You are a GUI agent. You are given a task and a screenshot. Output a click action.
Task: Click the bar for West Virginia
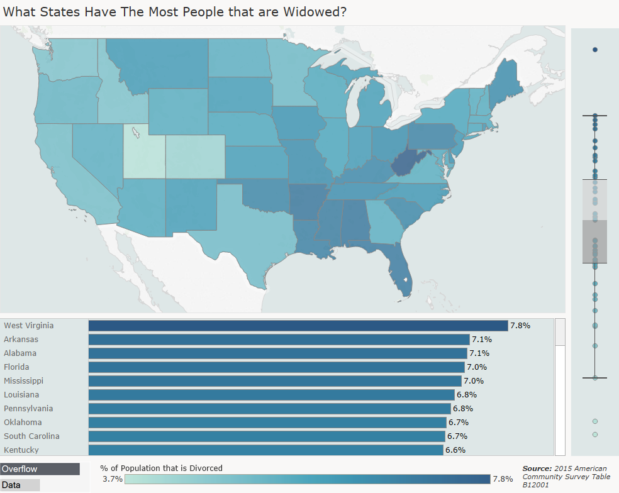(x=298, y=326)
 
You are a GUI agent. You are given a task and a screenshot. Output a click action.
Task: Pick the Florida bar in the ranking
(x=276, y=367)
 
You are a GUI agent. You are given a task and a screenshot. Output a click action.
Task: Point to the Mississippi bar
(x=274, y=381)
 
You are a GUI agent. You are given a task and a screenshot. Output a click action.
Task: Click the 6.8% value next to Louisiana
(x=467, y=395)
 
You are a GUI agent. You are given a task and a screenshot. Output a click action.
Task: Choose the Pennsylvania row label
(x=28, y=409)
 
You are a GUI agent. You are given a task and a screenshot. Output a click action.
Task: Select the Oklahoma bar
(x=267, y=423)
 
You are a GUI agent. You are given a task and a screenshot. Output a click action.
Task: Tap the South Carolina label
(x=31, y=436)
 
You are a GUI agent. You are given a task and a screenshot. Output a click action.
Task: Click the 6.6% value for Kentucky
(x=455, y=450)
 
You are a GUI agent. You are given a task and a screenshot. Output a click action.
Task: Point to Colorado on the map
(x=195, y=157)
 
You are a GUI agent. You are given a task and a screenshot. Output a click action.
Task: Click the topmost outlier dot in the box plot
(x=595, y=50)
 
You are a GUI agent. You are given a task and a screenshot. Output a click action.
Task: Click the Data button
(x=20, y=485)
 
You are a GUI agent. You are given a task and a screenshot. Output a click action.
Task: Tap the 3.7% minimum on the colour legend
(x=112, y=479)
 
